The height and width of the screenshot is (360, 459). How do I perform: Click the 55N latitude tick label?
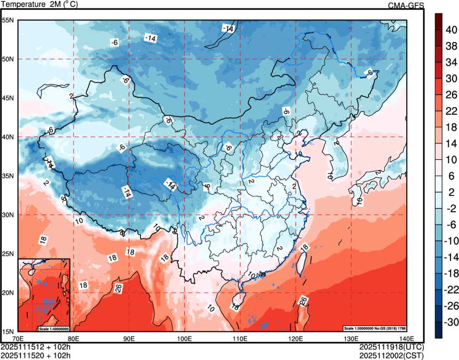[x=8, y=20]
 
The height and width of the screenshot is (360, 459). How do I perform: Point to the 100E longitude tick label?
[x=184, y=338]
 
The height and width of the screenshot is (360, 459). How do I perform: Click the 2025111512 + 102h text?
[x=36, y=347]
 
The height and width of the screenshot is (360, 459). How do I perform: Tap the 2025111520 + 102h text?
[x=36, y=355]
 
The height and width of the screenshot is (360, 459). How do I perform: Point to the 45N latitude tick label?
[x=8, y=98]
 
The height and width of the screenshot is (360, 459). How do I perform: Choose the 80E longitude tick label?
[x=73, y=338]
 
